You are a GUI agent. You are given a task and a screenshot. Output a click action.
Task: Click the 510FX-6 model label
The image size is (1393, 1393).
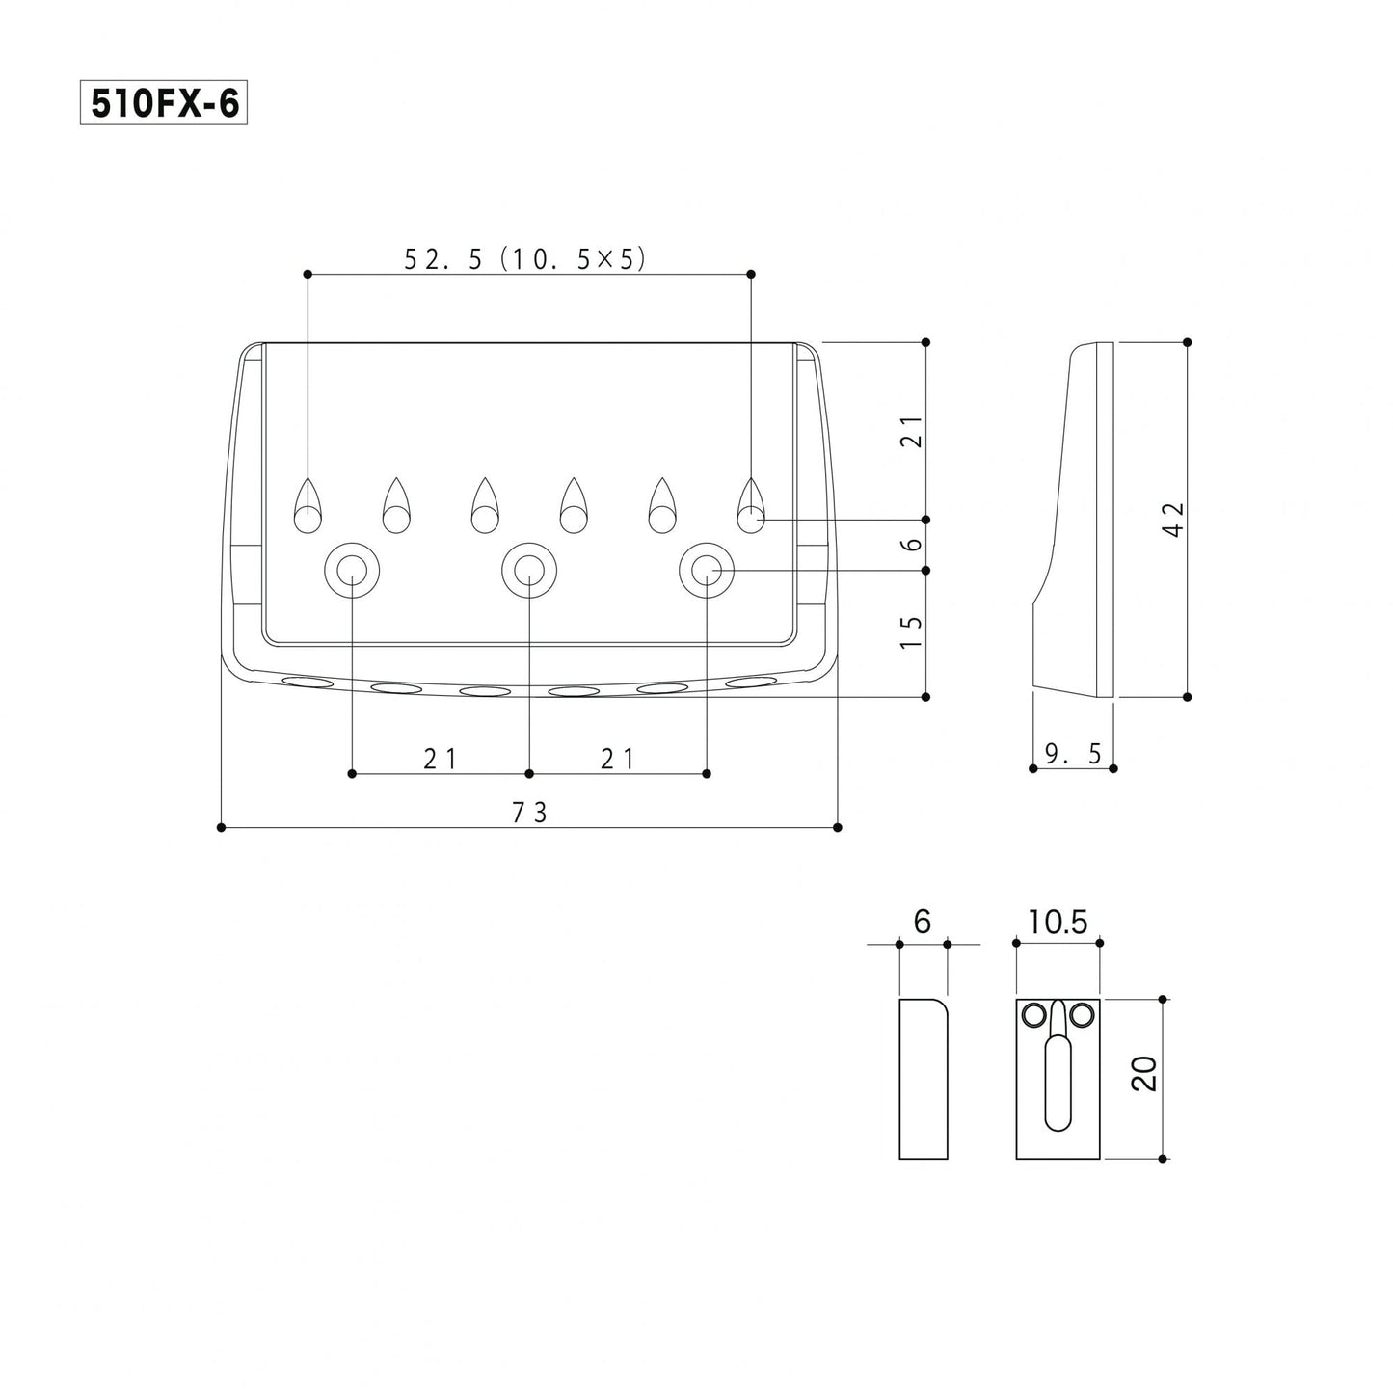pos(163,102)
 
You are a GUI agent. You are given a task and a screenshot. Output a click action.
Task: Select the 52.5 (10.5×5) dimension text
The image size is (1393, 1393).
pos(524,258)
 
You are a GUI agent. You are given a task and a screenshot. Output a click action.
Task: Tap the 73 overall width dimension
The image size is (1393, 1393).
pos(529,814)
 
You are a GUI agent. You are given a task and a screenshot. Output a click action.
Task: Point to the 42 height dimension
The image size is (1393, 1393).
pos(1175,519)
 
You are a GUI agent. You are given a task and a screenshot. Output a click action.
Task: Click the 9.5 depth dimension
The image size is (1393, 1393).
pos(1073,754)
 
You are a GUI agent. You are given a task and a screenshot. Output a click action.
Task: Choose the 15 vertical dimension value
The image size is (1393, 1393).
pos(913,631)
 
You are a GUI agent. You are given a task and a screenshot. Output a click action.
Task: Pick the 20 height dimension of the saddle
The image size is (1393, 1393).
pos(1144,1074)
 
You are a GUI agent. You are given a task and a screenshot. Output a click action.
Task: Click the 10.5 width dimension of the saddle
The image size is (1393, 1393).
pos(1058,922)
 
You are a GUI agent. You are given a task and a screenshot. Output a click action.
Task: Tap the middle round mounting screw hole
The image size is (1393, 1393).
pos(529,571)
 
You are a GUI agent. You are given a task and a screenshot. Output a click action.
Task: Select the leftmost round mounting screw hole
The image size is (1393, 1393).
pos(352,571)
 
